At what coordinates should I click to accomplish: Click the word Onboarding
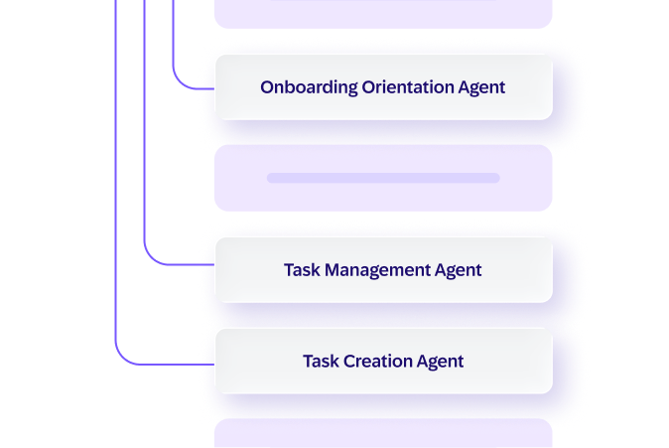309,87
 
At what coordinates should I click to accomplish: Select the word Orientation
408,87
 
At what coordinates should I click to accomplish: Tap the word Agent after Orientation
481,88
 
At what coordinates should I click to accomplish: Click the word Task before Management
302,270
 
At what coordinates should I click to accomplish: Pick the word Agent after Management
459,271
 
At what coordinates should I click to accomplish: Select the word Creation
377,362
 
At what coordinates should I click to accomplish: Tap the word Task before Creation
321,362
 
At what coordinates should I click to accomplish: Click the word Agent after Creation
440,363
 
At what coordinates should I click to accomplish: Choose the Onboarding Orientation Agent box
383,87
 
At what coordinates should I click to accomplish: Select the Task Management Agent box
383,270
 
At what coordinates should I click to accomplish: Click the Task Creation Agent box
383,361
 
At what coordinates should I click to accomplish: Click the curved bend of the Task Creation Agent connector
122,357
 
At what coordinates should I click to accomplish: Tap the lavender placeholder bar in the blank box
383,178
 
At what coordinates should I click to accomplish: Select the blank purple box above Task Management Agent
383,178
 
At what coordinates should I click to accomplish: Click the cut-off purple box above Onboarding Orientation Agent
383,14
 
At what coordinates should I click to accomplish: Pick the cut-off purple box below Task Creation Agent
383,433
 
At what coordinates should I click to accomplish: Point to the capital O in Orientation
369,87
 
